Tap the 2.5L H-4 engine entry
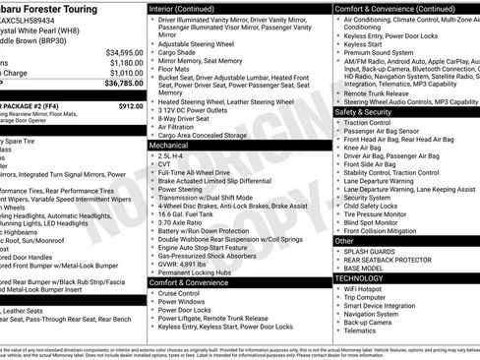point(171,155)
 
